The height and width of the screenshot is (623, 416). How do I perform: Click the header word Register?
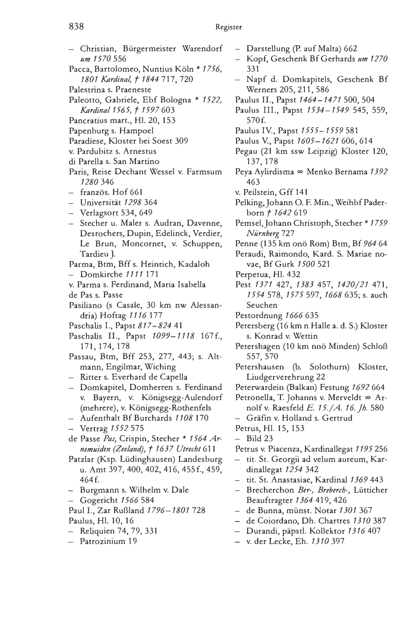(229, 27)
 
